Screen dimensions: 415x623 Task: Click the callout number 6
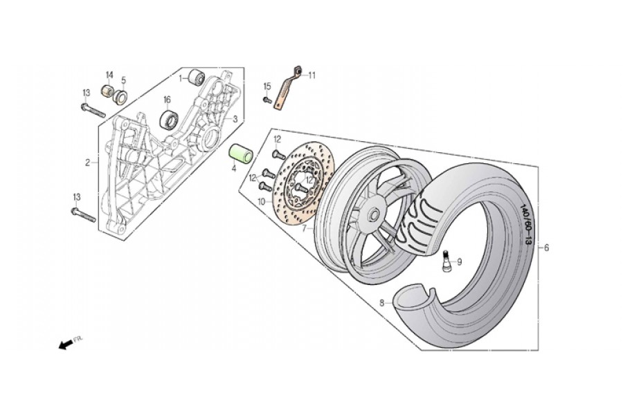click(547, 248)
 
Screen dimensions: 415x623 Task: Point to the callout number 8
click(381, 302)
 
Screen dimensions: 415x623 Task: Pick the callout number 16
click(167, 100)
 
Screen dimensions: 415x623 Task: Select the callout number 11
click(311, 75)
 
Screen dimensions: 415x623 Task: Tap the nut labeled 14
click(107, 90)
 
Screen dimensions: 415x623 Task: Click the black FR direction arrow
click(66, 344)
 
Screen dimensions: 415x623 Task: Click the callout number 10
click(261, 202)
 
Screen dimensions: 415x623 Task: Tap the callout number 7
click(304, 227)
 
